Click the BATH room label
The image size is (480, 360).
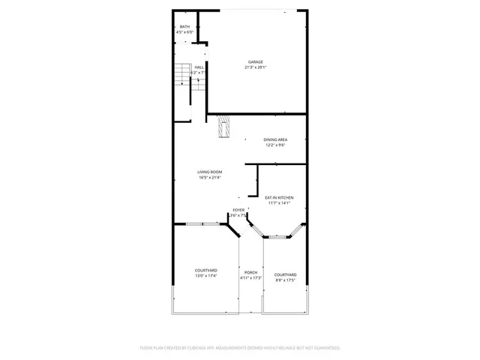coord(184,26)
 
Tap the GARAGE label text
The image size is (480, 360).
coord(256,61)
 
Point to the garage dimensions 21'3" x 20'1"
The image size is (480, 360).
coord(256,67)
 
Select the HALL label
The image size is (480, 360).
coord(199,67)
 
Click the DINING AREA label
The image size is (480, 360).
coord(275,139)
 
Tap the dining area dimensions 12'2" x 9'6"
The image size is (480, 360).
coord(275,145)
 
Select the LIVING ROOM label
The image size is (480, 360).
coord(210,172)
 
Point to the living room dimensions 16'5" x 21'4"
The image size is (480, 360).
coord(210,178)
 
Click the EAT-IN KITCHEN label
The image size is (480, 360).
coord(279,197)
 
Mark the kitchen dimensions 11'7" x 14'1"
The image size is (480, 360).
coord(279,203)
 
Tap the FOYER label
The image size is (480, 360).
coord(238,209)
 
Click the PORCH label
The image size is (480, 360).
coord(250,272)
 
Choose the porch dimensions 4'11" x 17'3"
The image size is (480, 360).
coord(250,278)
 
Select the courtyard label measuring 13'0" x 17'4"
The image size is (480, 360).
coord(206,270)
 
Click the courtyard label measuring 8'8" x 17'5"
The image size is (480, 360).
coord(285,274)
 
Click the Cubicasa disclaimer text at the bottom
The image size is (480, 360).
coord(240,348)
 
